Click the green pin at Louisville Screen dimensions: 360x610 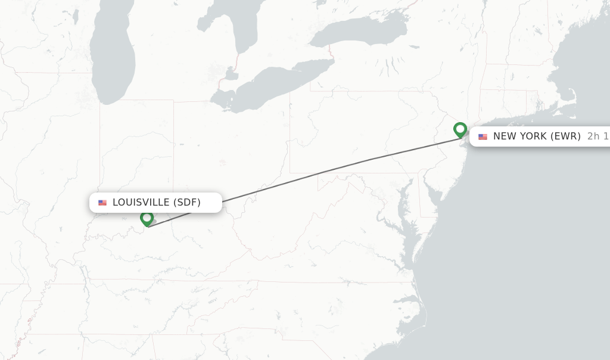pyautogui.click(x=147, y=218)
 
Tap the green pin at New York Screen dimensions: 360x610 pyautogui.click(x=460, y=129)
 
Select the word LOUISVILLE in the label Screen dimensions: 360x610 pyautogui.click(x=141, y=203)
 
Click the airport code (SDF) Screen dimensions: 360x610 pyautogui.click(x=187, y=203)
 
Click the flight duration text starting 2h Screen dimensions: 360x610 pyautogui.click(x=597, y=136)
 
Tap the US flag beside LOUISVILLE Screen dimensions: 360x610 pyautogui.click(x=102, y=203)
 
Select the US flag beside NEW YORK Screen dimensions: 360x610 pyautogui.click(x=483, y=136)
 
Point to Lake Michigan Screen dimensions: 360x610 pyautogui.click(x=113, y=54)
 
